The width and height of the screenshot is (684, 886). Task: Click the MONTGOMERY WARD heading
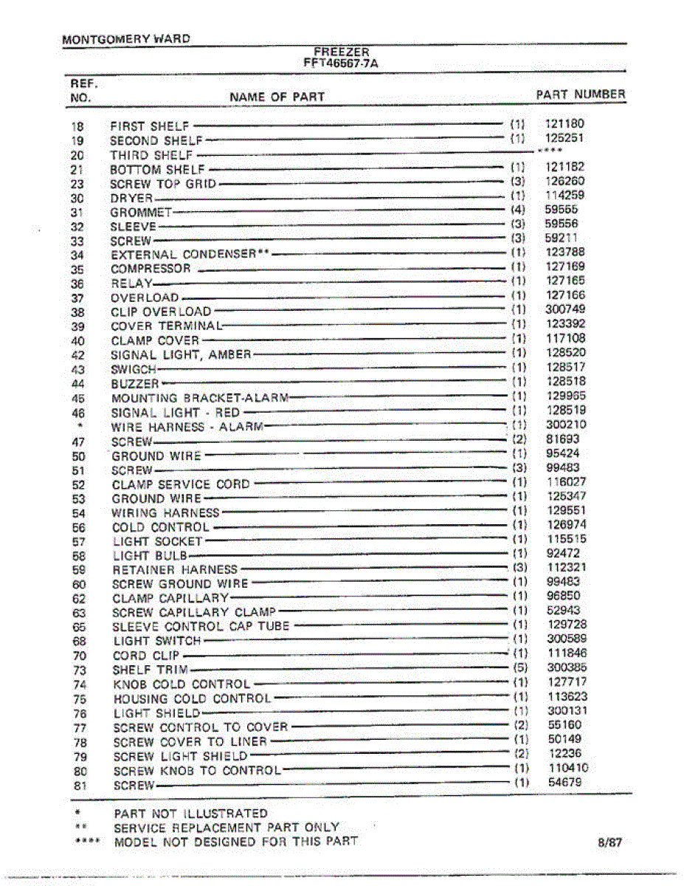coord(126,38)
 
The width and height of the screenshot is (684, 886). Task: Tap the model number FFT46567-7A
coord(342,63)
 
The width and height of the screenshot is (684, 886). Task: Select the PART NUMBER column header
coord(580,95)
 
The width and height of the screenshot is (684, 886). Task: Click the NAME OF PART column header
coord(277,97)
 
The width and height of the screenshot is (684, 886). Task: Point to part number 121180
coord(564,124)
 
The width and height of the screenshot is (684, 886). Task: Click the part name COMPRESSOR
coord(151,269)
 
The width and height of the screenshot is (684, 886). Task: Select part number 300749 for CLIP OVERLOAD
coord(565,309)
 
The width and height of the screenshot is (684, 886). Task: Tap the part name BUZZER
coord(134,384)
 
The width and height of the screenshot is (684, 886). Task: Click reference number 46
coord(78,413)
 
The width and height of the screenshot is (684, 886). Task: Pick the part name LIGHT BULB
coord(150,555)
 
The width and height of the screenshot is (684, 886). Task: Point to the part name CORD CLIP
coord(146,656)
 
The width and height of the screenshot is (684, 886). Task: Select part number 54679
coord(565,782)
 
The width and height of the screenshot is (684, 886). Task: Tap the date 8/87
coord(611,842)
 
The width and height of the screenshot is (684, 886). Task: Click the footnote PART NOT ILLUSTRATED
coord(190,814)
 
